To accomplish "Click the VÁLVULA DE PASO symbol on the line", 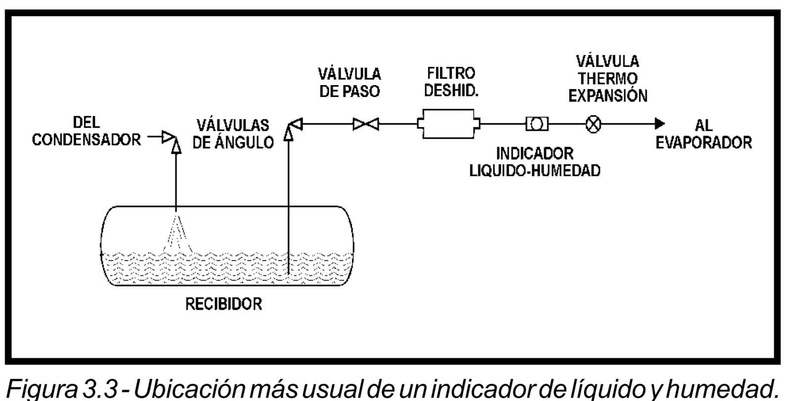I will (366, 124).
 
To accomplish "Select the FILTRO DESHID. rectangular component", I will (449, 124).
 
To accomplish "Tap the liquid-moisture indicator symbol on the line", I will (537, 124).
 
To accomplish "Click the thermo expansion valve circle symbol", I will (593, 124).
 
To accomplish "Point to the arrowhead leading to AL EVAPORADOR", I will (659, 124).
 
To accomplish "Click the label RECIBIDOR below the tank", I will (224, 303).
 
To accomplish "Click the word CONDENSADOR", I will (86, 140).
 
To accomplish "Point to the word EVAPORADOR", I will (704, 143).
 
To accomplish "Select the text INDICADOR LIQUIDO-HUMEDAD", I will (535, 161).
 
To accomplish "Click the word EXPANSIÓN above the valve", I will (608, 96).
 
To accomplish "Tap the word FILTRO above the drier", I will (451, 73).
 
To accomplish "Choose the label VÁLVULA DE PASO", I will (349, 83).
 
